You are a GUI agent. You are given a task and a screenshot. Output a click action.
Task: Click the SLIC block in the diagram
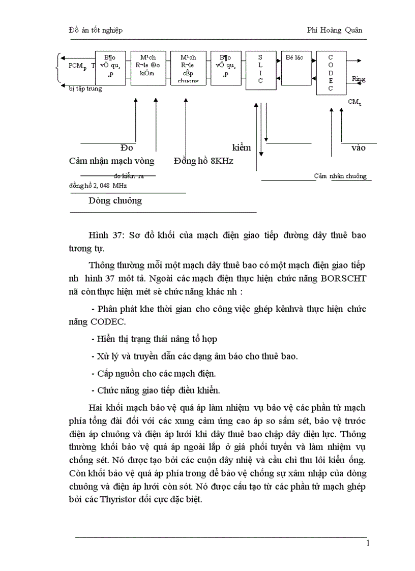[x=261, y=70]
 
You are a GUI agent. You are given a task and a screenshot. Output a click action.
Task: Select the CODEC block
[x=331, y=73]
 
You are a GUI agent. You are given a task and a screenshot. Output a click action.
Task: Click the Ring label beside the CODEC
[x=359, y=79]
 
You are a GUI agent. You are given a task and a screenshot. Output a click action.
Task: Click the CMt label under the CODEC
[x=354, y=102]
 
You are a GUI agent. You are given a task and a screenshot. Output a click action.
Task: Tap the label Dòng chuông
[x=115, y=200]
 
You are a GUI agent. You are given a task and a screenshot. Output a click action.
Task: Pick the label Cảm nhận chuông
[x=340, y=176]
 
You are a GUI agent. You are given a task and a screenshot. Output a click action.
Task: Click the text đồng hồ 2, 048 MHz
[x=98, y=186]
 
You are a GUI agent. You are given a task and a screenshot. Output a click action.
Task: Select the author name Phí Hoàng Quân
[x=335, y=30]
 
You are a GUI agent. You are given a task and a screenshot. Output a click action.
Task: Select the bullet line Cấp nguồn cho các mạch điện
[x=153, y=373]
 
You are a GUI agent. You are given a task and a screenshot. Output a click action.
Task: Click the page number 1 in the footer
[x=368, y=543]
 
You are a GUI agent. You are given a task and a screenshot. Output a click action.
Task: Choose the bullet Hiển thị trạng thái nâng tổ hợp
[x=154, y=339]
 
